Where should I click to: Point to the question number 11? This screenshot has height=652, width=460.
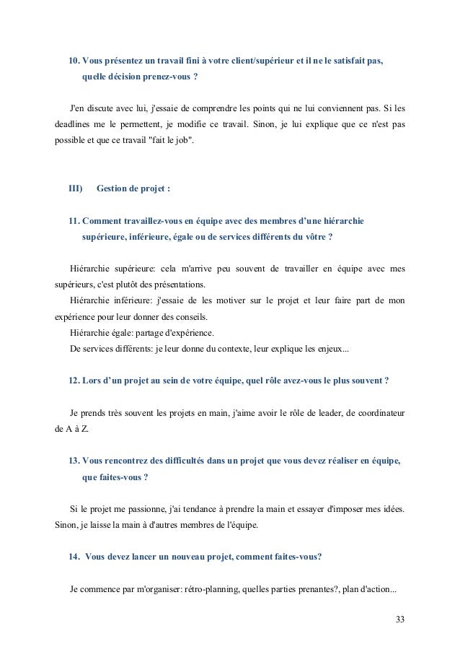click(74, 220)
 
